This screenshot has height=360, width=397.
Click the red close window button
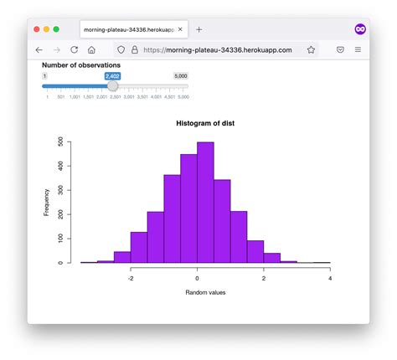(x=37, y=29)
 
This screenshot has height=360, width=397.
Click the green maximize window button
(x=56, y=29)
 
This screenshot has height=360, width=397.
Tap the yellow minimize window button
(x=47, y=29)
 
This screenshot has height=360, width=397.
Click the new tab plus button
(x=198, y=29)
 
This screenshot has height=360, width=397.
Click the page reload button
(x=73, y=50)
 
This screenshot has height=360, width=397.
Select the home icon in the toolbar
(x=91, y=50)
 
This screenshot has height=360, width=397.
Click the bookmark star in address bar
(x=311, y=50)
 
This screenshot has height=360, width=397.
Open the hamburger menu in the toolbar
(x=358, y=50)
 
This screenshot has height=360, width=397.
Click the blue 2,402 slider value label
(x=113, y=76)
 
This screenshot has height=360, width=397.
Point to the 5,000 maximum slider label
(x=180, y=76)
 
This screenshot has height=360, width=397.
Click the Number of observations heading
(x=81, y=64)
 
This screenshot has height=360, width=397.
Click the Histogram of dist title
(x=205, y=123)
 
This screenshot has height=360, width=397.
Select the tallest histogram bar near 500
(x=205, y=201)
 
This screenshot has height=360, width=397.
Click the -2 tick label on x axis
(x=131, y=278)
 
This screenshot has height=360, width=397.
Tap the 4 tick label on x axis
(x=330, y=278)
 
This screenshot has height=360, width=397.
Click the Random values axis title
(x=205, y=292)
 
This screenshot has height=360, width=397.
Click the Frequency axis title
(x=47, y=203)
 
